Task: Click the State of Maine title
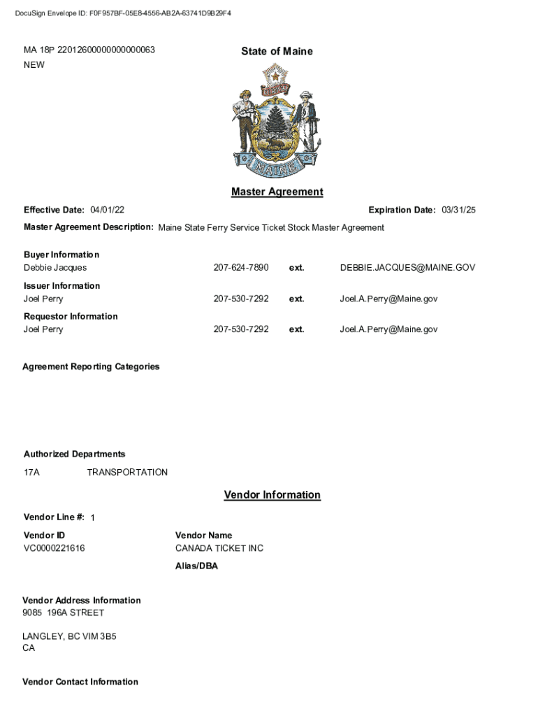pos(277,51)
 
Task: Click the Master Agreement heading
pos(277,192)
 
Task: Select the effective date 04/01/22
pos(108,210)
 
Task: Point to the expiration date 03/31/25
pos(458,210)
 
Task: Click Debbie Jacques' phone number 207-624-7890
pos(240,268)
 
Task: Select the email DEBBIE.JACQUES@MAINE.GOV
pos(407,268)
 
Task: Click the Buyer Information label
pos(61,255)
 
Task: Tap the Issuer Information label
pos(61,285)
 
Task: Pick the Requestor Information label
pos(71,316)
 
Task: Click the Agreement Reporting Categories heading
pos(91,366)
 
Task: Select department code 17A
pos(31,472)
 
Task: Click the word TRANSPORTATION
pos(127,472)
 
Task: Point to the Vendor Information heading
pos(272,495)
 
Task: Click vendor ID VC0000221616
pos(54,548)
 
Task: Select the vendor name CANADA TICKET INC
pos(219,548)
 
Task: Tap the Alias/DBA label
pos(196,566)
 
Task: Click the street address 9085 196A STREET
pos(64,613)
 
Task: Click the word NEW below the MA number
pos(34,65)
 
